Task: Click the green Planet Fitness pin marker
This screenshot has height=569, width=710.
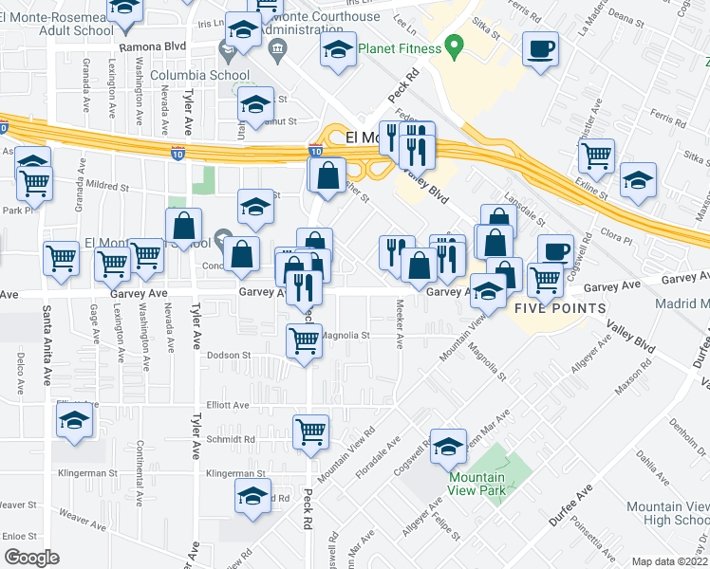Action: tap(455, 46)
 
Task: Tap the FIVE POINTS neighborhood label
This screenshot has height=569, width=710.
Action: tap(560, 308)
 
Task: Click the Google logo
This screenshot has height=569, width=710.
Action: tap(31, 558)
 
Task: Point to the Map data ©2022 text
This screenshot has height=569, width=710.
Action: tap(670, 561)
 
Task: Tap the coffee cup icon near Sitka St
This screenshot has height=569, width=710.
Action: tap(540, 49)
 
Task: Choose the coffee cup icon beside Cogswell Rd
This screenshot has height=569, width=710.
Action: tap(555, 252)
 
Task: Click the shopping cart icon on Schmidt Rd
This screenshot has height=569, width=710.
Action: tap(311, 432)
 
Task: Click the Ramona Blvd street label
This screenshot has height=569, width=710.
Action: tap(152, 45)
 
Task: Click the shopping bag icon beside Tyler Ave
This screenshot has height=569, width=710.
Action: tap(184, 227)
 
